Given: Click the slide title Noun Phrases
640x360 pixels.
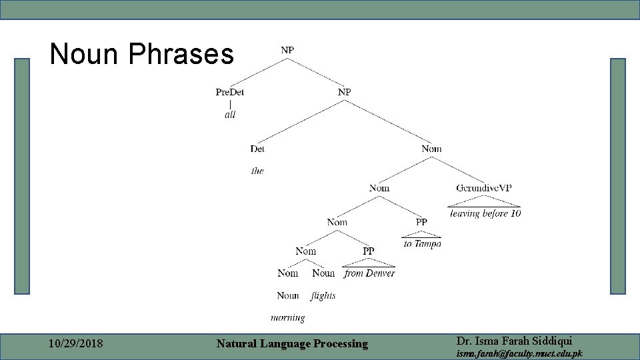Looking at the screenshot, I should click(x=141, y=55).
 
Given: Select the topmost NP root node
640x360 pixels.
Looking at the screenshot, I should click(x=287, y=49).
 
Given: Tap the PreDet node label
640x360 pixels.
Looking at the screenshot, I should click(x=230, y=92).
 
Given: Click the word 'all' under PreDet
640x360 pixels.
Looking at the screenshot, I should click(x=230, y=115).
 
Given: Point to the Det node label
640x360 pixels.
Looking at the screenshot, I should click(x=257, y=149).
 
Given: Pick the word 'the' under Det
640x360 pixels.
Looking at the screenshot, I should click(x=257, y=171).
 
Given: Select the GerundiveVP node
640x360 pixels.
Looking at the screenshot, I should click(x=484, y=188).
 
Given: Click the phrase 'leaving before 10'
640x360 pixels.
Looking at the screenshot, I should click(x=485, y=213).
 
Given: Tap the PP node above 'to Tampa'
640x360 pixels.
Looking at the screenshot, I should click(x=421, y=222).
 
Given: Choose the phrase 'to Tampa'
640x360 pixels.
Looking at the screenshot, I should click(x=422, y=244).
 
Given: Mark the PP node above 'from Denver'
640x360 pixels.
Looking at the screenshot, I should click(x=369, y=251).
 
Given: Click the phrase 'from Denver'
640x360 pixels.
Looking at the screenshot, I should click(x=369, y=273).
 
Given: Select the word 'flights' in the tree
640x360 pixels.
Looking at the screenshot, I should click(x=323, y=295).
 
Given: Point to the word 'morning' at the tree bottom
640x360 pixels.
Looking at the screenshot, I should click(x=288, y=318).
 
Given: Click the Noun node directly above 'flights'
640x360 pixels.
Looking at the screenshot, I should click(x=323, y=273).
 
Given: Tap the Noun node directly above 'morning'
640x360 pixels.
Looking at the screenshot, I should click(x=288, y=295).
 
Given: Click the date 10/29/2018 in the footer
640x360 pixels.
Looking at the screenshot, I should click(x=76, y=344).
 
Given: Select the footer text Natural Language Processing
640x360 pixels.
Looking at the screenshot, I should click(x=292, y=344).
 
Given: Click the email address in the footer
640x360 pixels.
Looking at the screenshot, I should click(x=519, y=353).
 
